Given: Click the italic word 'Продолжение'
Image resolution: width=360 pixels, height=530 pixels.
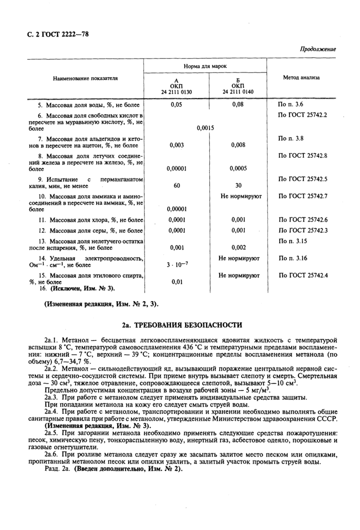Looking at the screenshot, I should pyautogui.click(x=317, y=49).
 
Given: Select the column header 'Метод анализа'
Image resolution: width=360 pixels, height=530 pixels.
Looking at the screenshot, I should pyautogui.click(x=301, y=78).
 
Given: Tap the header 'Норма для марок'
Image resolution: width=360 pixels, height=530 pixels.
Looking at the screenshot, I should pyautogui.click(x=205, y=66).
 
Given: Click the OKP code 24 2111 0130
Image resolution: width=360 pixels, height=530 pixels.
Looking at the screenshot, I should pyautogui.click(x=176, y=92).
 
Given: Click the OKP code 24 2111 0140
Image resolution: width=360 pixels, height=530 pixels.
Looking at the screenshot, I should pyautogui.click(x=238, y=92).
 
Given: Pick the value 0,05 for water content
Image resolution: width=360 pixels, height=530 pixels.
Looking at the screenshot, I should pyautogui.click(x=176, y=104).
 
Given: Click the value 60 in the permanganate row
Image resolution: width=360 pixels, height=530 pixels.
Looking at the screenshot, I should pyautogui.click(x=176, y=186).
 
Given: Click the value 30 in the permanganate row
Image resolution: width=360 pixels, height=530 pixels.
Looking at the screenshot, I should pyautogui.click(x=238, y=186).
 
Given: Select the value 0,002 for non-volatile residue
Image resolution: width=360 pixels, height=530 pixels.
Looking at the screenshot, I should pyautogui.click(x=238, y=247).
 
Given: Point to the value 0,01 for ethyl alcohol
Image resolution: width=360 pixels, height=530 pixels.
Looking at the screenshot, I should pyautogui.click(x=176, y=282).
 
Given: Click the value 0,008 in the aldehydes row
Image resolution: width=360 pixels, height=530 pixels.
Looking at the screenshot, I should pyautogui.click(x=238, y=145).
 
